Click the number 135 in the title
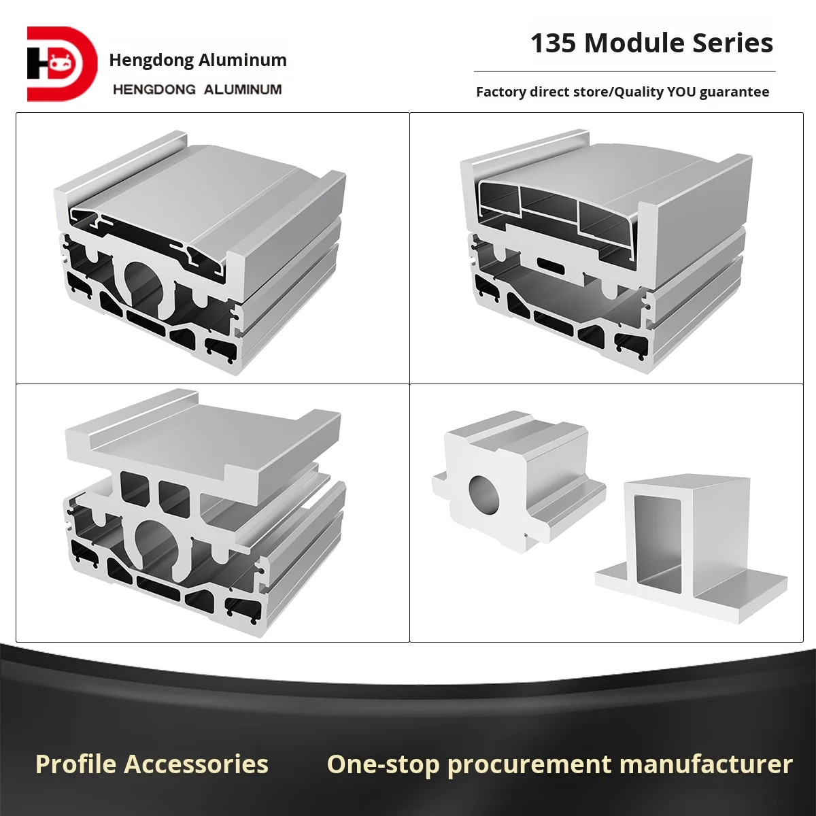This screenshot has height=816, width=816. [x=553, y=44]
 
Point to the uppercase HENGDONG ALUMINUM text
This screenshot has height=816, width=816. [x=197, y=89]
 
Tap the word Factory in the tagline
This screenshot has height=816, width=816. [x=501, y=92]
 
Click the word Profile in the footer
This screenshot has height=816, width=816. [x=76, y=764]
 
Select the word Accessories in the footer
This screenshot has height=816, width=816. [x=197, y=764]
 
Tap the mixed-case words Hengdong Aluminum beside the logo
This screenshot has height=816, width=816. [x=198, y=60]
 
